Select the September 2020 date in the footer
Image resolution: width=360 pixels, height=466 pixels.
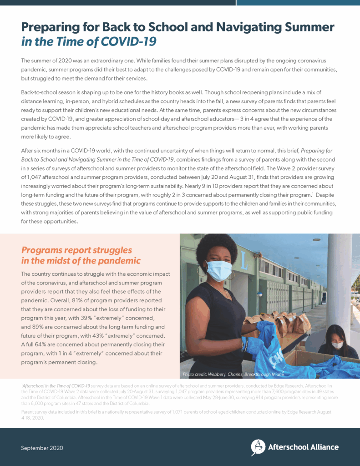(x=42, y=448)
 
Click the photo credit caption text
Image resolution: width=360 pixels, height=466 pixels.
(x=233, y=374)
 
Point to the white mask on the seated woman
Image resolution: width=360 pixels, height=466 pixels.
(x=337, y=345)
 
